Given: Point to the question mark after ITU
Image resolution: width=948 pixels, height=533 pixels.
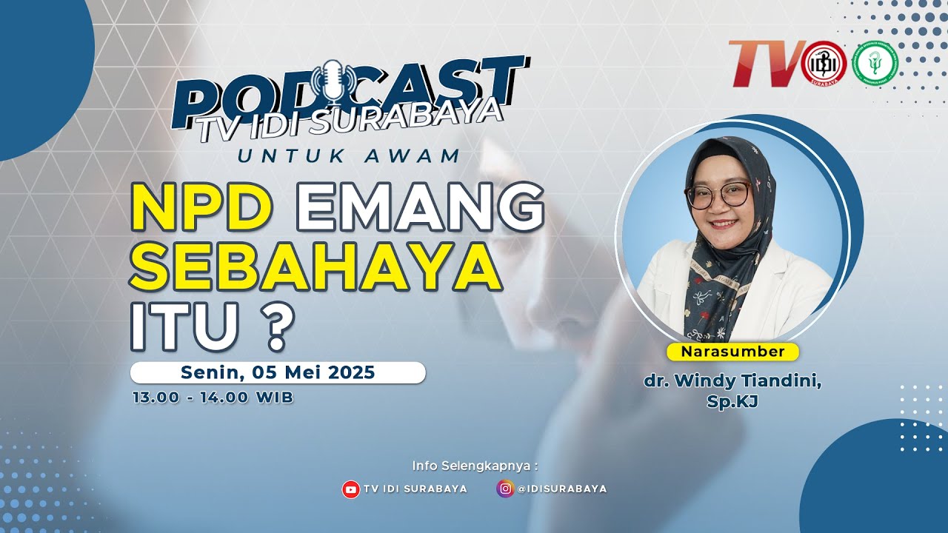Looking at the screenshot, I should coord(276,328).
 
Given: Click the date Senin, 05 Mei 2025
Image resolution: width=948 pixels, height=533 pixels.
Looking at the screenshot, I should coord(278,372).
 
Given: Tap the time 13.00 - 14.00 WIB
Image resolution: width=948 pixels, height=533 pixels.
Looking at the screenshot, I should coord(213,398).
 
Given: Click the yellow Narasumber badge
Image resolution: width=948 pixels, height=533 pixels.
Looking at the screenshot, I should coord(732,352).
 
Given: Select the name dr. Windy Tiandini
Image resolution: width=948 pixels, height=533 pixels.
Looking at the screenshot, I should coord(732,382).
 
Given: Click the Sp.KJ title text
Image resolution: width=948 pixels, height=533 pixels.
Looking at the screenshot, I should coord(732,401).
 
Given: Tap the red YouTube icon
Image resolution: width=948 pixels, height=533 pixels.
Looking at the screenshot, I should coord(350,489).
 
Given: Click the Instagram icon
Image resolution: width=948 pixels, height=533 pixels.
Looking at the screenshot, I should coord(505,489).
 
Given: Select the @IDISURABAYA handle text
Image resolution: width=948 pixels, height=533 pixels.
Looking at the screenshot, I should coord(562,489).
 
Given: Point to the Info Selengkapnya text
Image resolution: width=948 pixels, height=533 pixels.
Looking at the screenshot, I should coord(474,466).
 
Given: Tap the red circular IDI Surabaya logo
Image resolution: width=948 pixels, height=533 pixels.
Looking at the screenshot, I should coord(824,64).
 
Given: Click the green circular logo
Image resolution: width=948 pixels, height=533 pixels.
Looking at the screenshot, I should coord(875,64).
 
